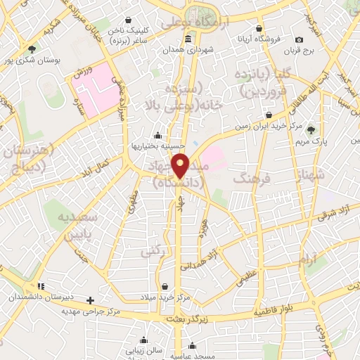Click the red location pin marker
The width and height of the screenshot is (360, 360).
pyautogui.click(x=181, y=165)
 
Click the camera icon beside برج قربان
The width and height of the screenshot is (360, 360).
pyautogui.click(x=300, y=39)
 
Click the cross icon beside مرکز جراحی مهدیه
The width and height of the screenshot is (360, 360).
pyautogui.click(x=90, y=300)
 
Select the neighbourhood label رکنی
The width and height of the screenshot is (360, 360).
pyautogui.click(x=150, y=250)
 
